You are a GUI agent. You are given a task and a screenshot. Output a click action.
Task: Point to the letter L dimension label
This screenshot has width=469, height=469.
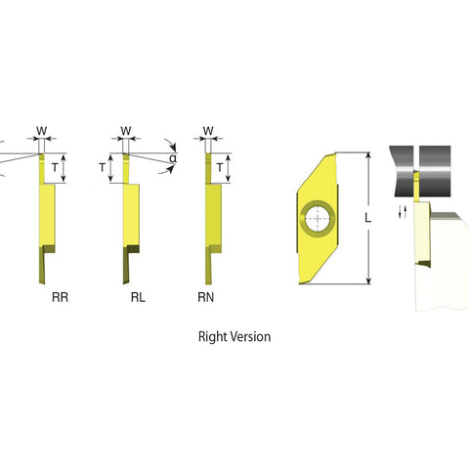[x=366, y=220]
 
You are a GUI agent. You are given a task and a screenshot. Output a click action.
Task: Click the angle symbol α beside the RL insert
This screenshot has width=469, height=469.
[x=173, y=158]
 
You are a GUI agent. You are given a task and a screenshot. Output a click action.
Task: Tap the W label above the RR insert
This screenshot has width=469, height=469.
[x=42, y=130]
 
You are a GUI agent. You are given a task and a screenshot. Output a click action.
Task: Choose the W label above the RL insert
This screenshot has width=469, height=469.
[x=125, y=130]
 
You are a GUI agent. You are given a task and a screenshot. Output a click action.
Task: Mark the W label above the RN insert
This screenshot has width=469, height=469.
[x=207, y=130]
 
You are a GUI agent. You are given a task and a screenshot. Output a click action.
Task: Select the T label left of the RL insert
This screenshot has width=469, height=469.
[x=103, y=168]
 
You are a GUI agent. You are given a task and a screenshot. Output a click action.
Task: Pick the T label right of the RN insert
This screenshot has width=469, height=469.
[x=221, y=168]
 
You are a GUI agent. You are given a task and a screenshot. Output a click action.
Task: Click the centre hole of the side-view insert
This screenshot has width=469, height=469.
[x=317, y=219]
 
